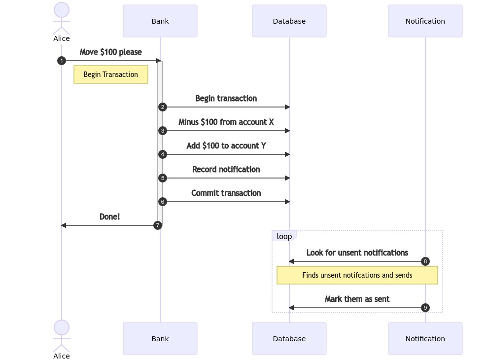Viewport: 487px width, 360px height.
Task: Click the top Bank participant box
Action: (160, 21)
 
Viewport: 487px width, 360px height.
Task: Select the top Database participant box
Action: (289, 21)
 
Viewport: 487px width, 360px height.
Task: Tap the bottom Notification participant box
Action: (425, 338)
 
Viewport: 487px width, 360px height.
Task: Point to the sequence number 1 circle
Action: (62, 61)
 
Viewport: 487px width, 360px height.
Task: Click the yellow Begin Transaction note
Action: (111, 74)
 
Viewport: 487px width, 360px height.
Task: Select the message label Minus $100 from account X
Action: (226, 122)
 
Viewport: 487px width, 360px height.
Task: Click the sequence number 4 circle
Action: (163, 154)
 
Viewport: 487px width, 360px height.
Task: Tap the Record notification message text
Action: (226, 169)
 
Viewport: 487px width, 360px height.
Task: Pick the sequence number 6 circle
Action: (163, 202)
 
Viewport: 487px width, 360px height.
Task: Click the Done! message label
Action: (109, 216)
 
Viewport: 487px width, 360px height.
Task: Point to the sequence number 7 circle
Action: (158, 225)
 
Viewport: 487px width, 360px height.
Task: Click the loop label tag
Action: (284, 236)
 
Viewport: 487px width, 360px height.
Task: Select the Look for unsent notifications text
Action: (357, 252)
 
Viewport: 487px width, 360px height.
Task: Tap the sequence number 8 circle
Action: (425, 261)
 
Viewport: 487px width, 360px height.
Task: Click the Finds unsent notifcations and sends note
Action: (357, 275)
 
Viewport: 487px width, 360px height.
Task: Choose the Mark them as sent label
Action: (357, 299)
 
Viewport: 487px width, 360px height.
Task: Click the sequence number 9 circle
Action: (425, 308)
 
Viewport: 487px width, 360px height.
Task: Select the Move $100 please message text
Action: (110, 52)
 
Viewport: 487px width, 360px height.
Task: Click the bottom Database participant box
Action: (289, 338)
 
